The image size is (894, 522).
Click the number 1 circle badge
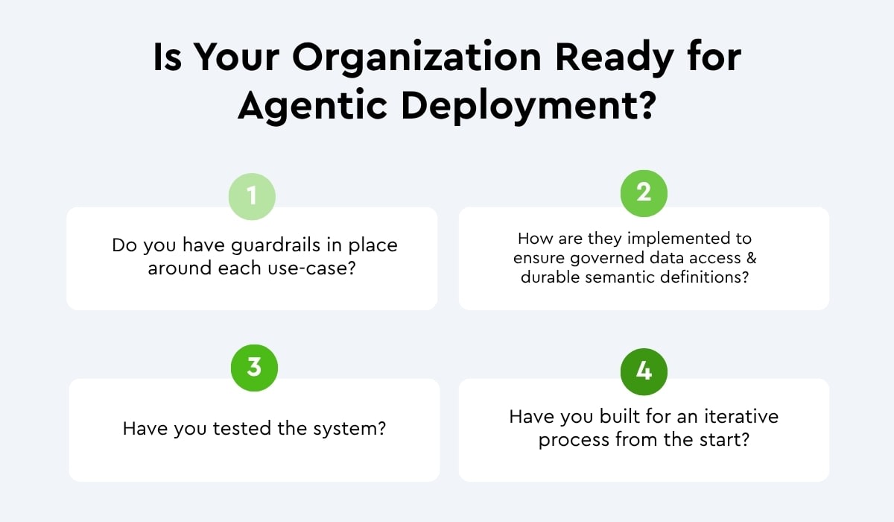[x=252, y=197]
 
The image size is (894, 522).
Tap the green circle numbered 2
[x=644, y=193]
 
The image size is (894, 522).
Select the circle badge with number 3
[x=254, y=368]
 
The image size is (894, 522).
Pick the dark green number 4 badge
[x=644, y=372]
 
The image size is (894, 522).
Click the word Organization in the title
[x=416, y=58]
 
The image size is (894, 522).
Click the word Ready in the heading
[x=615, y=57]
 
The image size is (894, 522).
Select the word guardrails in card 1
[x=276, y=245]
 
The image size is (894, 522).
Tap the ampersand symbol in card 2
[x=752, y=257]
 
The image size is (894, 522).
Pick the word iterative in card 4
[x=741, y=417]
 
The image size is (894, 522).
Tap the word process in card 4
[x=573, y=441]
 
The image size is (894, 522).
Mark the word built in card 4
[x=618, y=416]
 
